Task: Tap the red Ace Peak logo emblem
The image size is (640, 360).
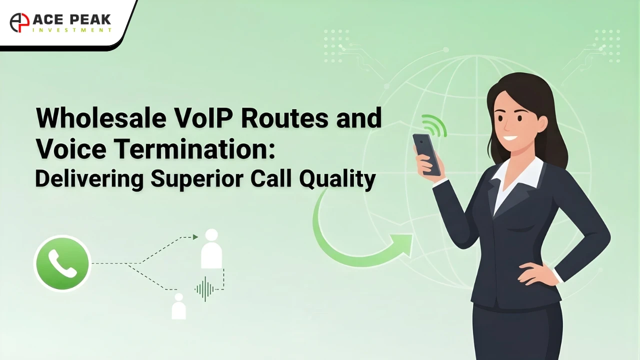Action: (x=19, y=22)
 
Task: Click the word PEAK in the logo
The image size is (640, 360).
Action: (x=90, y=20)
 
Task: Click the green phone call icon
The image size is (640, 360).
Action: (x=62, y=263)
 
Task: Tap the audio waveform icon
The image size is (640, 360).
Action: (x=204, y=288)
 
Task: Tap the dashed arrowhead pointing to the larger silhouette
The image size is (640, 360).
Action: (x=195, y=237)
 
